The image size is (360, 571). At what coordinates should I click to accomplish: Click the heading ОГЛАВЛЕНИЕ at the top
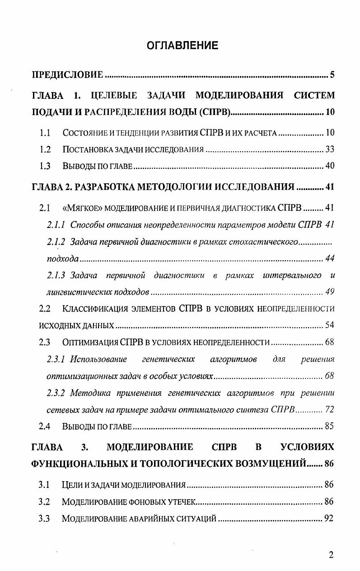click(182, 46)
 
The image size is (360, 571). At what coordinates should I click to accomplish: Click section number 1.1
click(44, 133)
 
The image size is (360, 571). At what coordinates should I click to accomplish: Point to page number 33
click(330, 149)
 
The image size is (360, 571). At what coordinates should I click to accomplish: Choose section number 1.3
click(44, 166)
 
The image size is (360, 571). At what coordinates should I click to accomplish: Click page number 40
click(330, 166)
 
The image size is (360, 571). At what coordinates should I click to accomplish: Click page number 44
click(330, 259)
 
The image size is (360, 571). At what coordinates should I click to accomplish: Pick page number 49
click(330, 292)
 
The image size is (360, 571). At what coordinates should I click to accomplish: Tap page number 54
click(330, 325)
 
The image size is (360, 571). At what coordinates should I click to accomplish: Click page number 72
click(330, 410)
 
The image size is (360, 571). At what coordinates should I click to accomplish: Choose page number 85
click(330, 427)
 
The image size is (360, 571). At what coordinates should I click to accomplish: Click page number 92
click(329, 519)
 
